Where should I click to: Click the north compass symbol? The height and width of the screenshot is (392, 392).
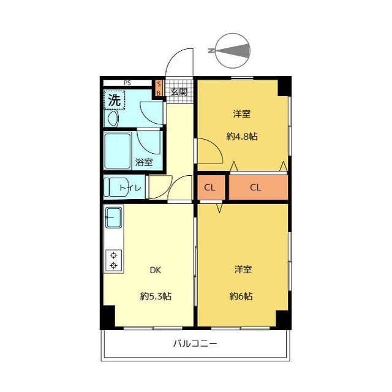[x=233, y=51]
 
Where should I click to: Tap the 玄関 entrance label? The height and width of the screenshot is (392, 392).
[x=179, y=92]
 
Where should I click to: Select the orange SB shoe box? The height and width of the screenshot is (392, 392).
[x=159, y=88]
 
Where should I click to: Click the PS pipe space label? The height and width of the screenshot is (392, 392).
[x=127, y=83]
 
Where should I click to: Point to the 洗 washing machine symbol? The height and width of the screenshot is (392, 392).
[x=115, y=100]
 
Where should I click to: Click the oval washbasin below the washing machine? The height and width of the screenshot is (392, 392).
[x=113, y=118]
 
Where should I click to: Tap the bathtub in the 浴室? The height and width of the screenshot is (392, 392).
[x=118, y=151]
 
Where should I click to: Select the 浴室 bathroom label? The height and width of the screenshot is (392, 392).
[x=144, y=162]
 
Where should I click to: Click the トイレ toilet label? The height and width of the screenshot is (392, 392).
[x=130, y=188]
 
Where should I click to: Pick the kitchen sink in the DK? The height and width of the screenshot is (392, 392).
[x=114, y=218]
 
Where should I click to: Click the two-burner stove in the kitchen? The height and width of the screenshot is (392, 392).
[x=114, y=260]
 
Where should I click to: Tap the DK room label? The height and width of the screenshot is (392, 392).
[x=155, y=270]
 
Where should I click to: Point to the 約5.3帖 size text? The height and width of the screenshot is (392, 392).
[x=156, y=296]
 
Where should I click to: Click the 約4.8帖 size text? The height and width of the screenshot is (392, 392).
[x=242, y=137]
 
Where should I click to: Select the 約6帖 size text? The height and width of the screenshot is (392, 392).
[x=241, y=296]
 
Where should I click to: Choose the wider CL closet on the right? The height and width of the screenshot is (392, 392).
[x=258, y=187]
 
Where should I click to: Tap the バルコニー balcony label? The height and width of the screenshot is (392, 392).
[x=195, y=344]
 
